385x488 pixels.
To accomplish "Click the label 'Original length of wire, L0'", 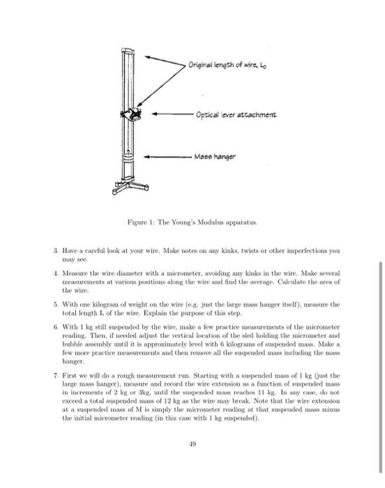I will (x=225, y=66).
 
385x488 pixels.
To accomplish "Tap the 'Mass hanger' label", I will (x=218, y=158).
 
